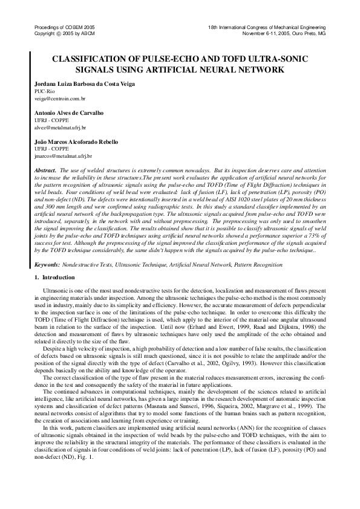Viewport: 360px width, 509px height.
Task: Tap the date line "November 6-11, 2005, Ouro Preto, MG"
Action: coord(284,34)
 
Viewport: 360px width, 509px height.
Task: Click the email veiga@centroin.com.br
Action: coord(60,97)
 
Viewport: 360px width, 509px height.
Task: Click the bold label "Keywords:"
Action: coord(47,265)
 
